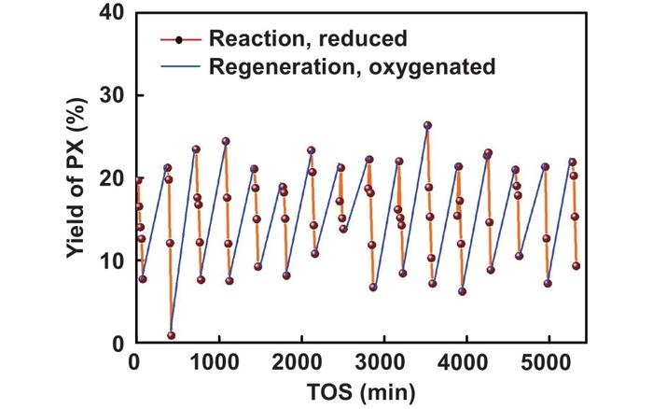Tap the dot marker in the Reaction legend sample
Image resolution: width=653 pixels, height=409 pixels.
click(x=179, y=39)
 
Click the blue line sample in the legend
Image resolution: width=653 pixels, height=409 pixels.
click(x=179, y=66)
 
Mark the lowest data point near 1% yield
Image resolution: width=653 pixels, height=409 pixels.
click(x=172, y=335)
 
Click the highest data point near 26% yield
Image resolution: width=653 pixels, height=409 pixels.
click(x=427, y=125)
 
